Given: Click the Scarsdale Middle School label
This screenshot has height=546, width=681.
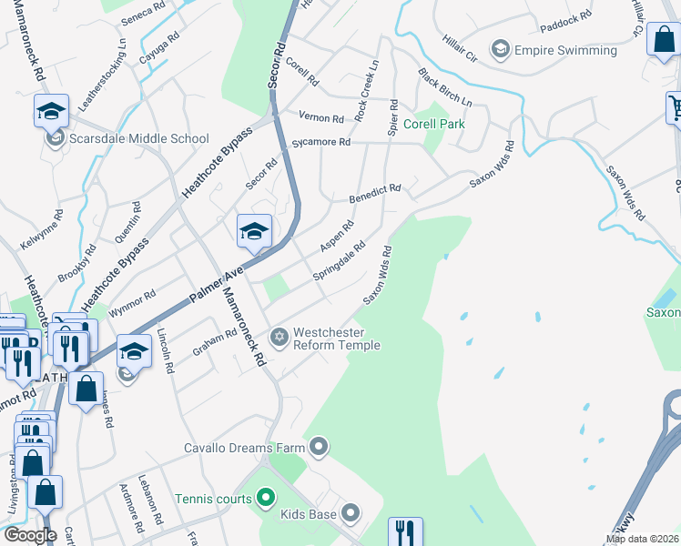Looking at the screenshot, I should click(139, 139).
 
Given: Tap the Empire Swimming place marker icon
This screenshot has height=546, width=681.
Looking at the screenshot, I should click(500, 49).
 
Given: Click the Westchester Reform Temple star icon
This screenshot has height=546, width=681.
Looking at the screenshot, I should click(280, 338).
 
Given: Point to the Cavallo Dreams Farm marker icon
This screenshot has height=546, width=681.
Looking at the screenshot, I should click(319, 446).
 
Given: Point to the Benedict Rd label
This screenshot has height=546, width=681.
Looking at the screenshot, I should click(375, 193).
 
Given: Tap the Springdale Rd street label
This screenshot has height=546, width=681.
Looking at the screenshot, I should click(339, 259).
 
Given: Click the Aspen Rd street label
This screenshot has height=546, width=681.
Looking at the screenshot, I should click(337, 237).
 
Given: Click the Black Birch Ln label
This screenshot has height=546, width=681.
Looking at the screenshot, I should click(445, 87).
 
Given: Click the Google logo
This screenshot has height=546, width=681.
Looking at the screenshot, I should click(29, 535).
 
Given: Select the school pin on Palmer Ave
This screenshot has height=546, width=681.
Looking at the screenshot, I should click(254, 231).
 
